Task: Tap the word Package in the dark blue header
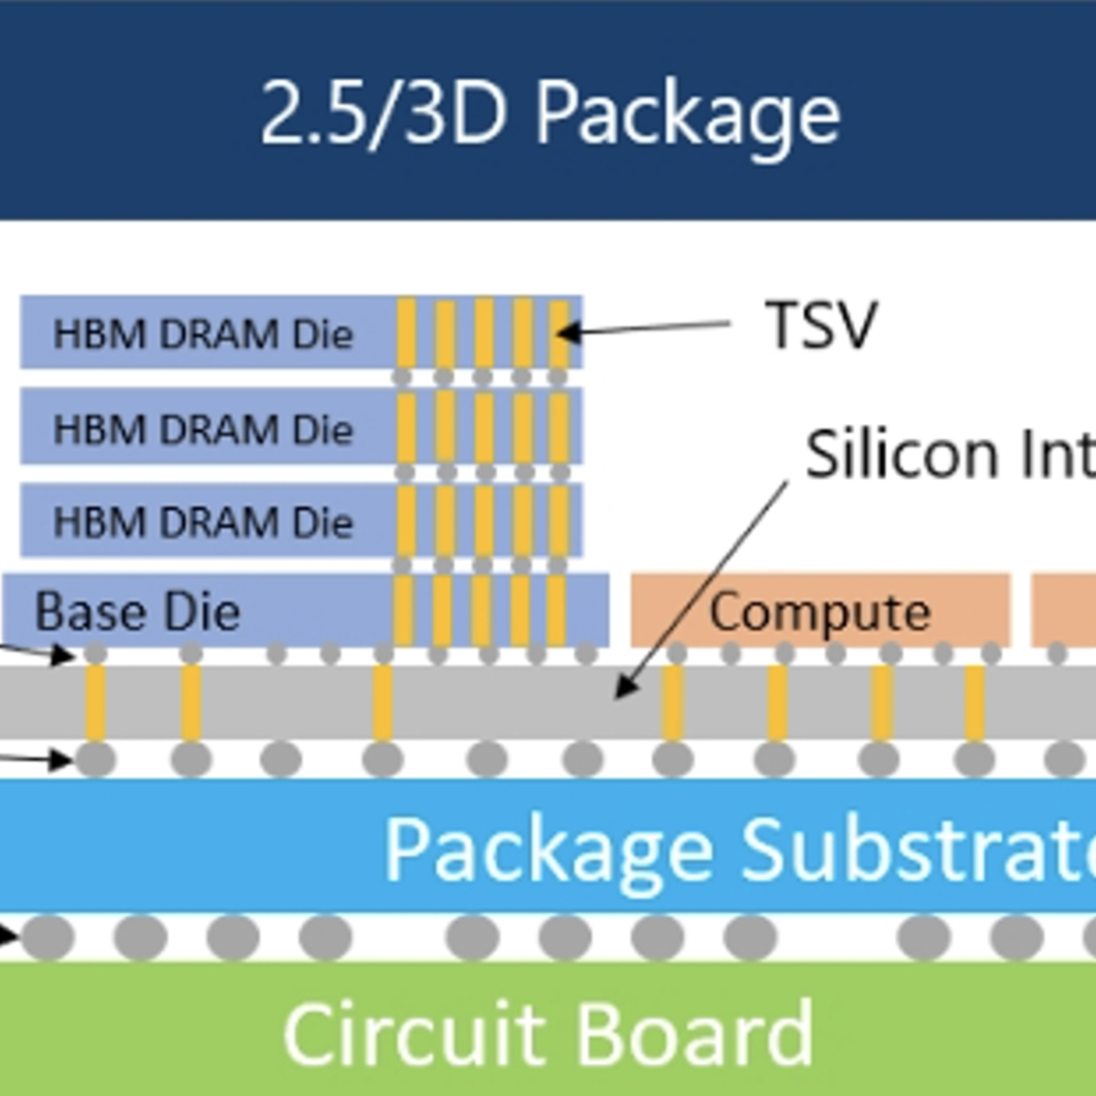point(688,116)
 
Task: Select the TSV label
point(821,326)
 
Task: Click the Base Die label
point(137,612)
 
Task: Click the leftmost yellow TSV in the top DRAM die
point(406,334)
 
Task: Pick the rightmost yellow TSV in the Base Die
point(556,610)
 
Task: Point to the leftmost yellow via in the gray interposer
point(95,702)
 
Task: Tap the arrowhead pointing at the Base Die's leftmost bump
point(64,657)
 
